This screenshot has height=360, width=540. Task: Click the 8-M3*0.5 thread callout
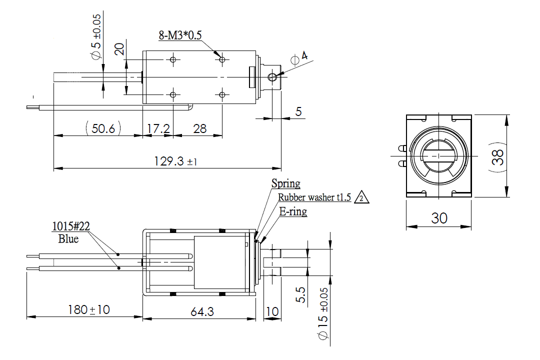tap(180, 35)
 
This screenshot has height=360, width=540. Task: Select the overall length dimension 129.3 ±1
tap(175, 161)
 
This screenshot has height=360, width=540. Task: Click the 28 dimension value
tap(199, 128)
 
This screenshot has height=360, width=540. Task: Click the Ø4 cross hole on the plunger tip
tap(272, 77)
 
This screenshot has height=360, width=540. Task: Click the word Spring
tap(285, 183)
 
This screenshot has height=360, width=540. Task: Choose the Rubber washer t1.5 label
tap(315, 197)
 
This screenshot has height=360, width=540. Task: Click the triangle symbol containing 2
tap(361, 198)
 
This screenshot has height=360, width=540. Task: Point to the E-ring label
tap(292, 211)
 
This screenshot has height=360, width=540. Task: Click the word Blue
tap(68, 239)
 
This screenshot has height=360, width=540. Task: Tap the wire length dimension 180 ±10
tap(88, 310)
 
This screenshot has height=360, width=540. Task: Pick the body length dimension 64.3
tap(202, 311)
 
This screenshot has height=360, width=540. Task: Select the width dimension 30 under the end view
tap(439, 218)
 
